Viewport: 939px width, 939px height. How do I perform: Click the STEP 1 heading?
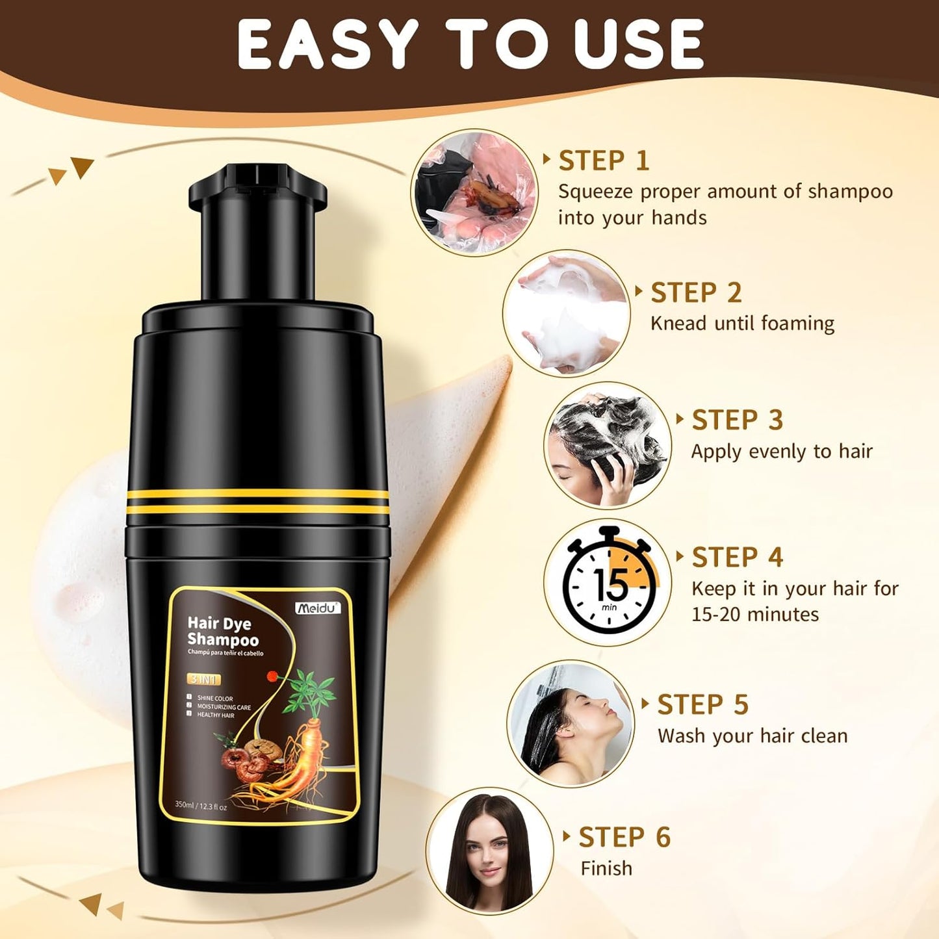tap(604, 161)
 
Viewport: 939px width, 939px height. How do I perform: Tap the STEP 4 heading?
tap(738, 558)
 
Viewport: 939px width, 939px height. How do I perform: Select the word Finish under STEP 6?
tap(606, 868)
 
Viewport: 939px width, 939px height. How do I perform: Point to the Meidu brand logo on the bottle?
tap(317, 608)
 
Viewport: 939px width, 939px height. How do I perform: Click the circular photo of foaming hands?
tap(566, 313)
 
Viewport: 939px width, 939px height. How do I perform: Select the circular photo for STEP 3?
tap(606, 445)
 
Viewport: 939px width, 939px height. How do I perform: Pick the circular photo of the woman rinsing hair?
tap(570, 723)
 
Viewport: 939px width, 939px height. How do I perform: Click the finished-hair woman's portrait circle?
tap(489, 851)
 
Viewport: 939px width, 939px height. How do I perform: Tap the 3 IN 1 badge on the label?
tap(204, 680)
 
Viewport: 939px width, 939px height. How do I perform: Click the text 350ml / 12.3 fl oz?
tap(201, 806)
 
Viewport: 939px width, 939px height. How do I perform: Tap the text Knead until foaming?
tap(742, 324)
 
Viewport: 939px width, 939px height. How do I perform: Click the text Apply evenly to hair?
tap(782, 452)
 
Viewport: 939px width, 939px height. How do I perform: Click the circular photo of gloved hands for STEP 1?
tap(474, 192)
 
